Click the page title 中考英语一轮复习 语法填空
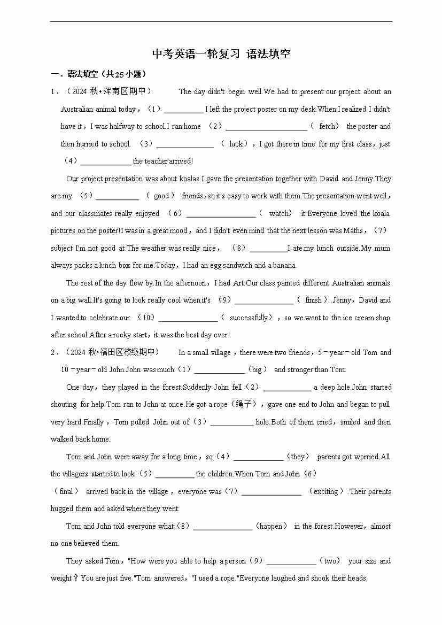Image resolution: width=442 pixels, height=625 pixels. tap(221, 54)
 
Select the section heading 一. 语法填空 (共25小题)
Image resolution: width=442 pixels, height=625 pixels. tap(98, 74)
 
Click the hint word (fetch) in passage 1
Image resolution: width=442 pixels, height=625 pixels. tap(328, 127)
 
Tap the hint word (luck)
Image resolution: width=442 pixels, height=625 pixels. tap(236, 144)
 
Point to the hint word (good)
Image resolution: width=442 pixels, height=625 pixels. tap(161, 196)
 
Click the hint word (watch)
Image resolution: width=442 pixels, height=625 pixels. tap(279, 213)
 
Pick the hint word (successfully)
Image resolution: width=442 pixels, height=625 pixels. tap(248, 318)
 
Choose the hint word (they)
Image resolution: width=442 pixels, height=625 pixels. tap(298, 457)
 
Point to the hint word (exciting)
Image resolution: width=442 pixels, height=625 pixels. tap(325, 491)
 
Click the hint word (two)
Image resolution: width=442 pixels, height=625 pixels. tap(329, 561)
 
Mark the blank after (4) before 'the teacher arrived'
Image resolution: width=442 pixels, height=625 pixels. tap(106, 161)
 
